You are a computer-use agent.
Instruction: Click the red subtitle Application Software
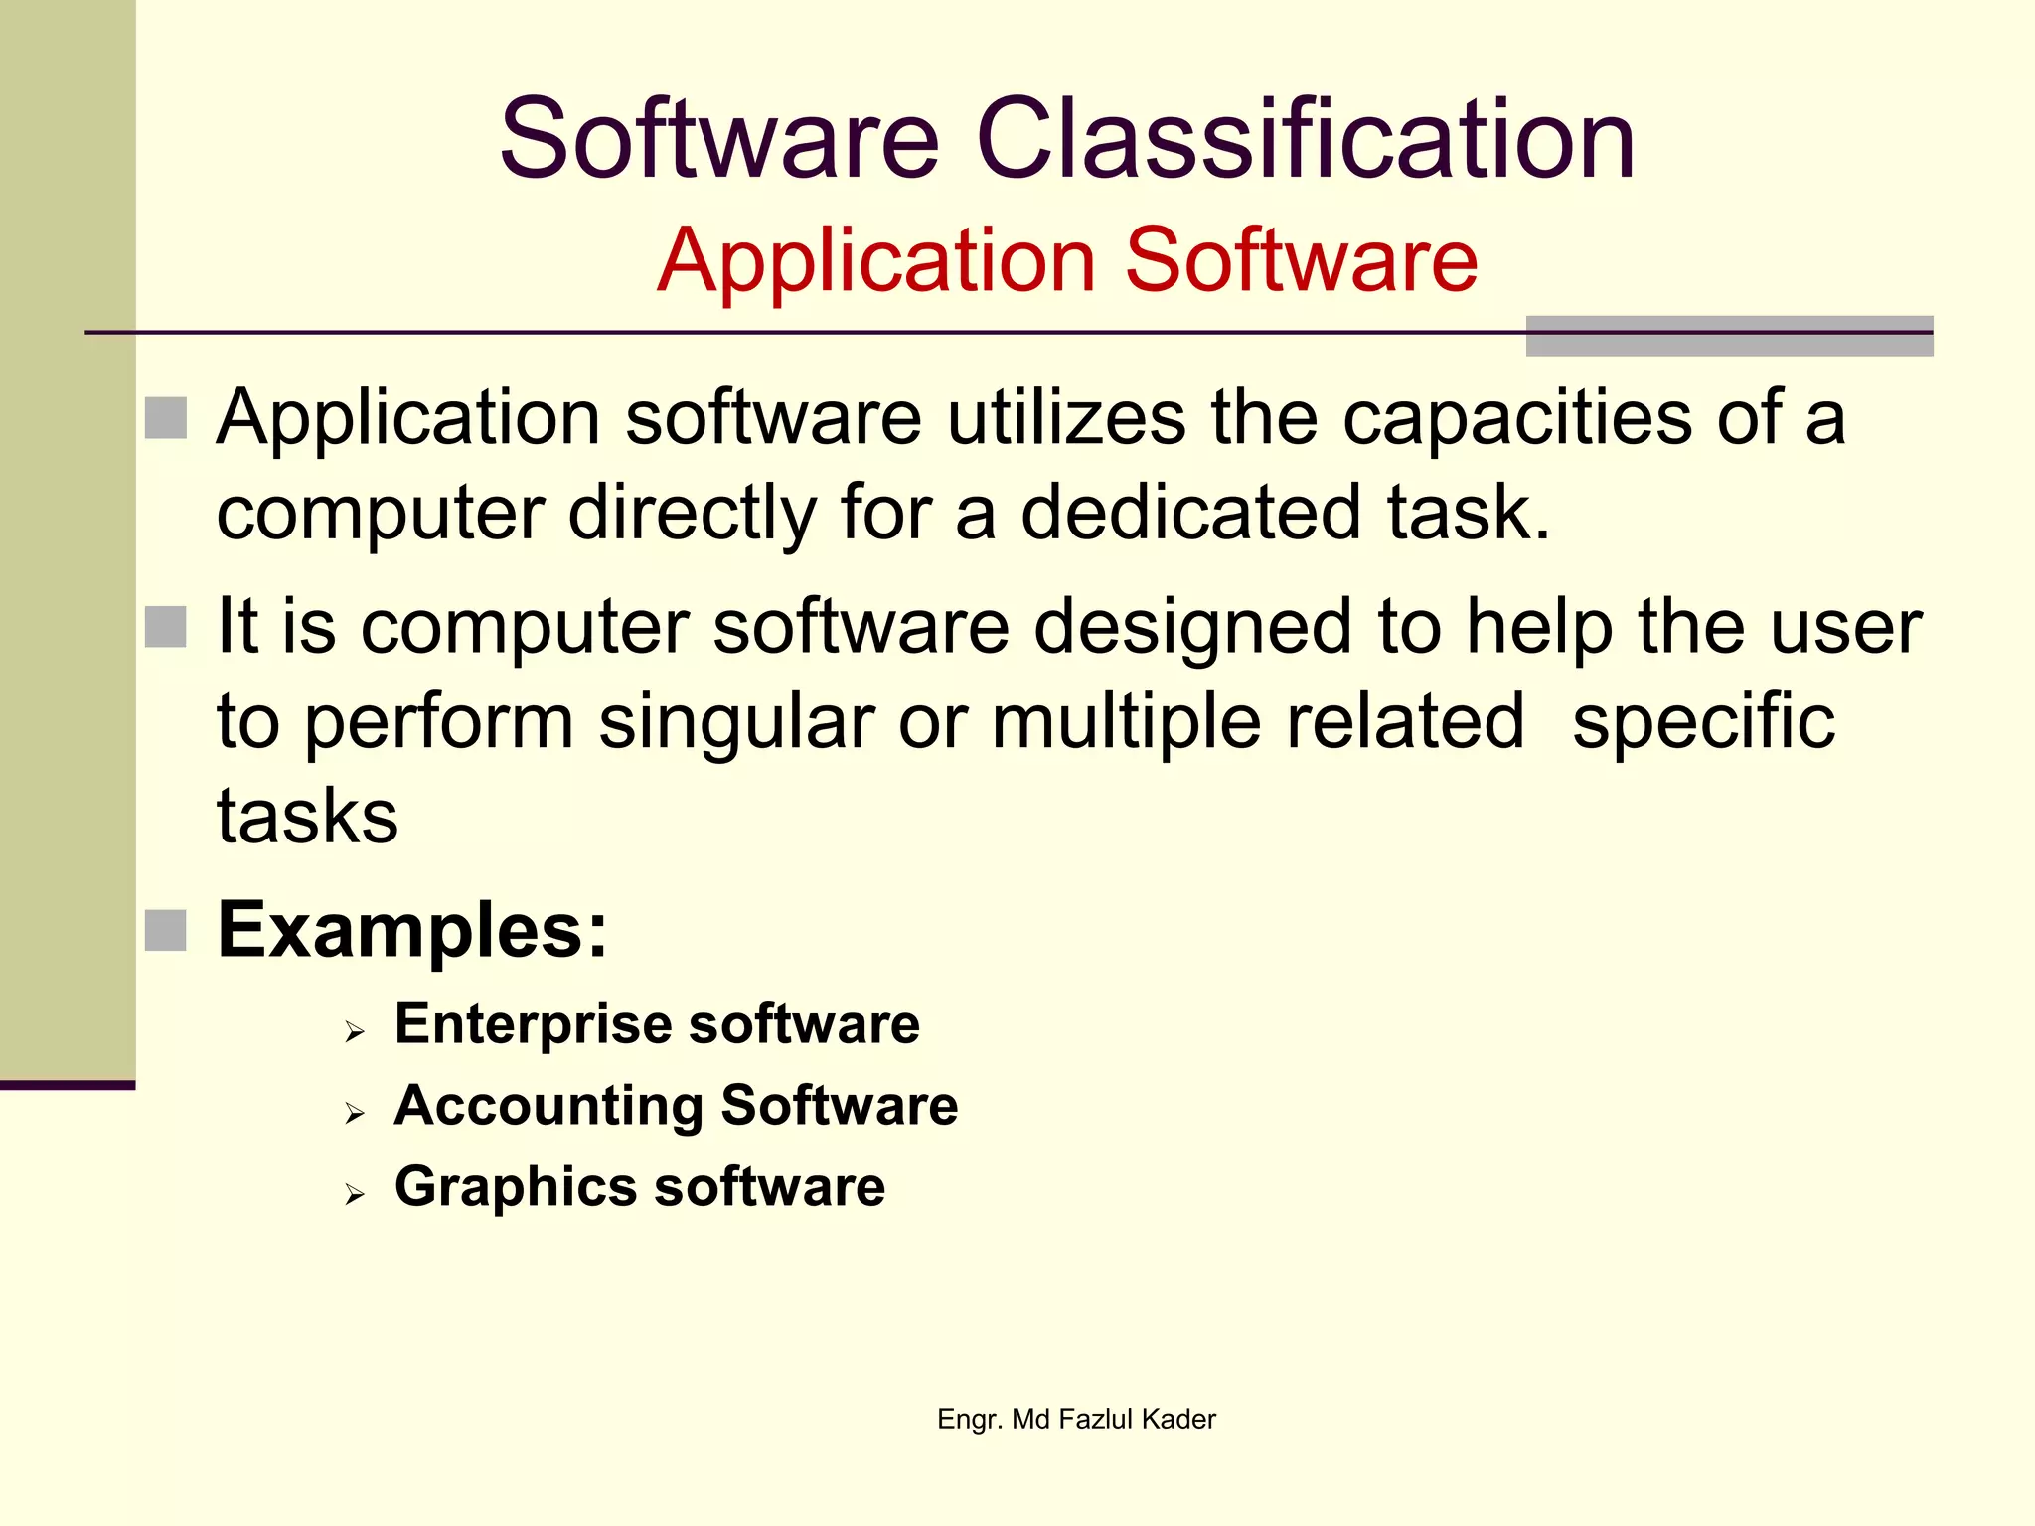click(x=1067, y=260)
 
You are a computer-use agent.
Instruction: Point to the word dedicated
click(x=1191, y=513)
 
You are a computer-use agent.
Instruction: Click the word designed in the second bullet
click(x=1192, y=627)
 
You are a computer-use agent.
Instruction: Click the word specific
click(x=1703, y=722)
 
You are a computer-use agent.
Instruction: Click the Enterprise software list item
click(x=657, y=1024)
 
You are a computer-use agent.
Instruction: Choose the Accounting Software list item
click(x=676, y=1106)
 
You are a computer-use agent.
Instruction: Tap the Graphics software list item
click(x=639, y=1187)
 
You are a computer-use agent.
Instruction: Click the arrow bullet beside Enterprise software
click(x=355, y=1033)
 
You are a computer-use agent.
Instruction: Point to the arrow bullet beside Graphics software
click(x=355, y=1195)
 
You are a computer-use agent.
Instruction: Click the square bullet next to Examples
click(x=166, y=931)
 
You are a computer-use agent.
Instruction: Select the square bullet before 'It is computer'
click(x=166, y=627)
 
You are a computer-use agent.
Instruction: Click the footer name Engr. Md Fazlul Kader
click(x=1076, y=1419)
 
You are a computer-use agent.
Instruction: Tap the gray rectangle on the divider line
click(x=1729, y=336)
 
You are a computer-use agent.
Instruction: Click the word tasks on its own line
click(x=307, y=817)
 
